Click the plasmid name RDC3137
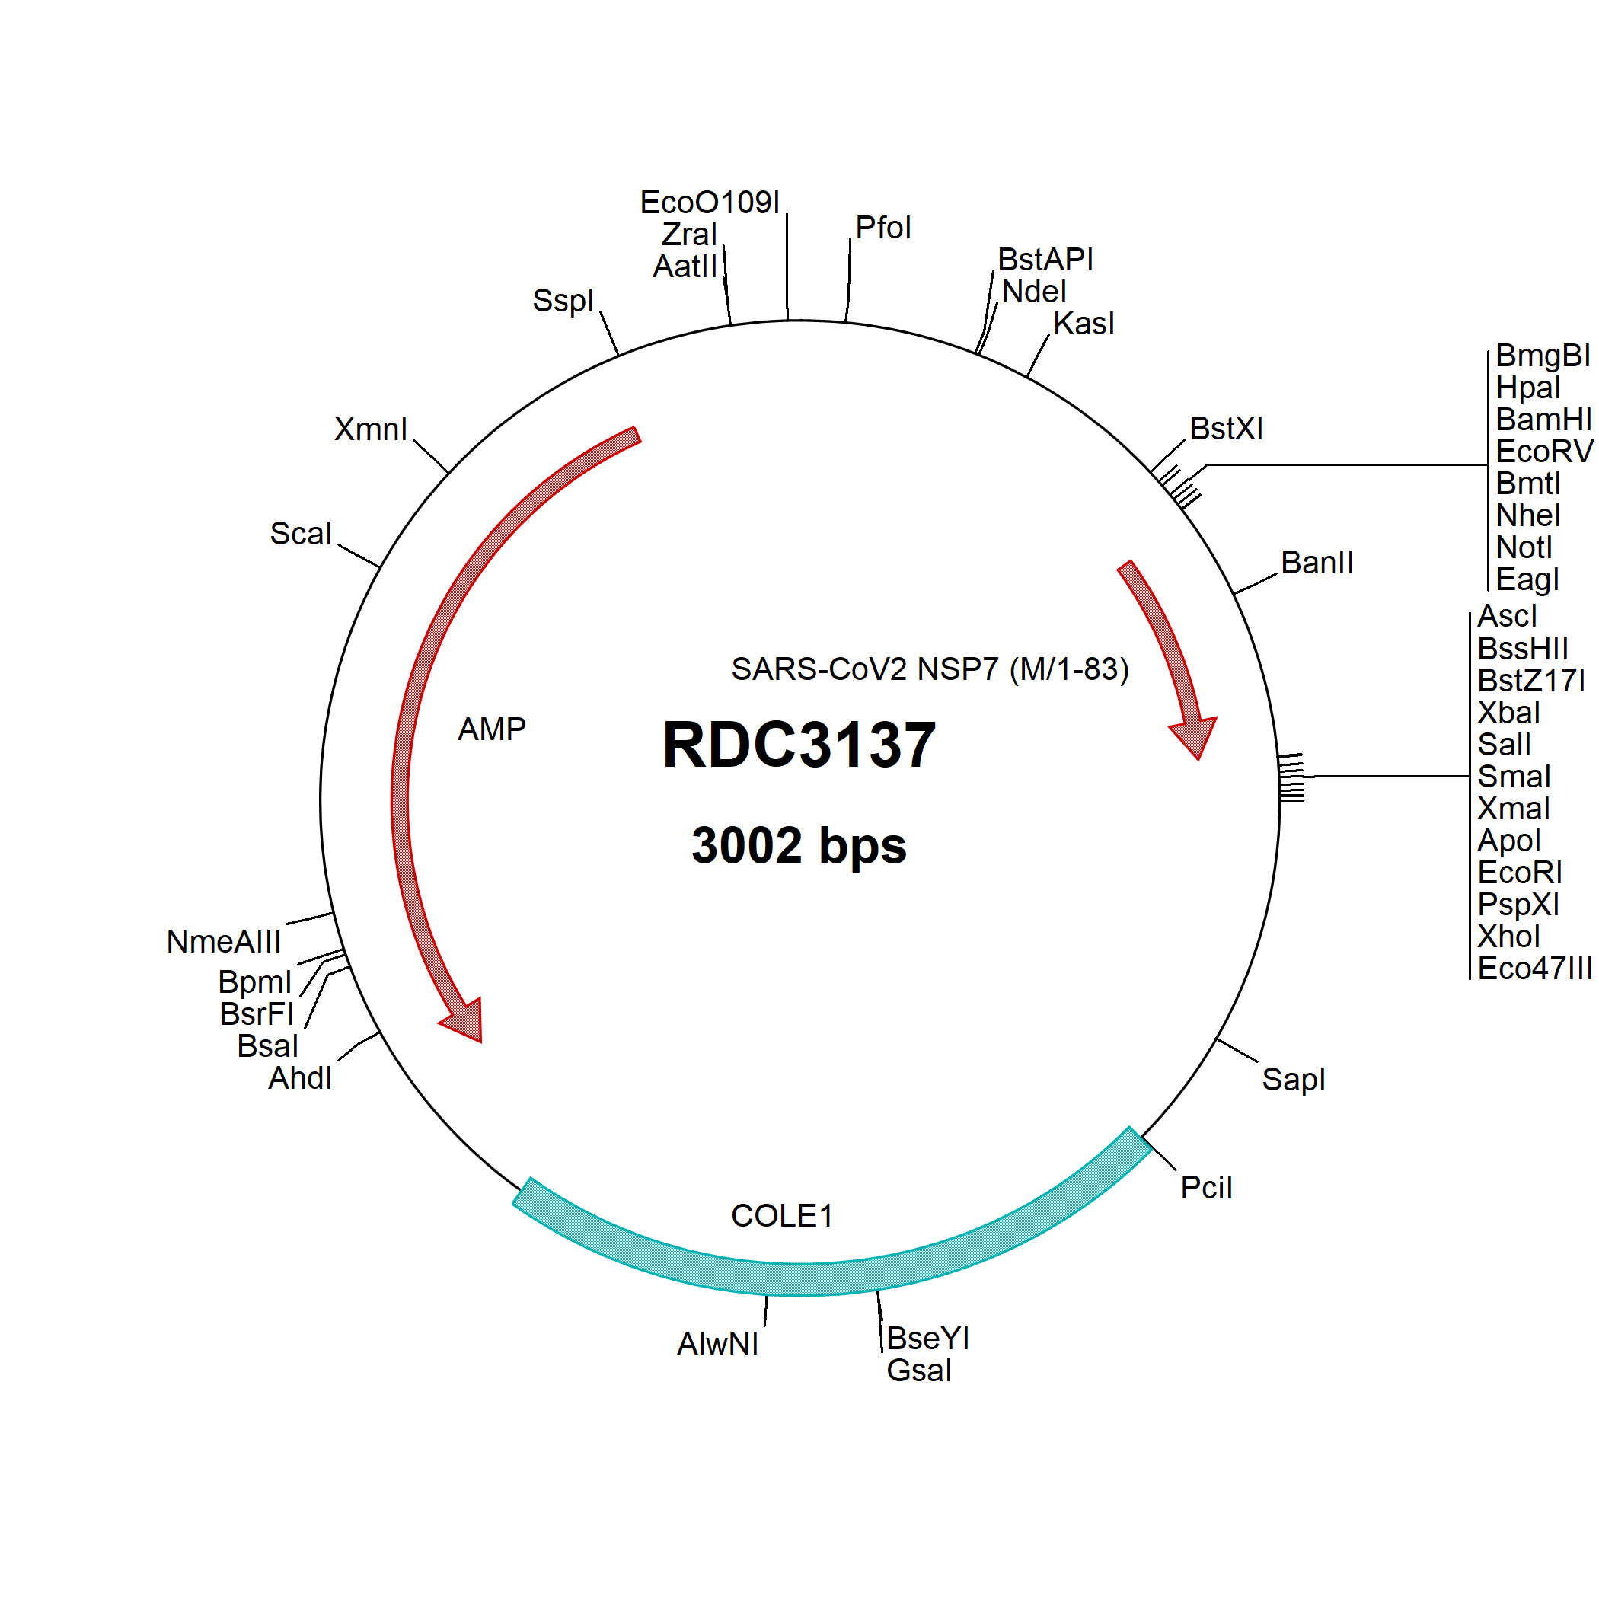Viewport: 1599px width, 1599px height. click(799, 745)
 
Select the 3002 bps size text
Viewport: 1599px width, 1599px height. click(799, 845)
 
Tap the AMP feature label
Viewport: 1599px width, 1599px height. click(492, 729)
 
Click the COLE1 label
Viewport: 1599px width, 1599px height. click(781, 1216)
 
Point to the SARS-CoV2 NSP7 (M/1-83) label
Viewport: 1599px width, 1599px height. click(930, 669)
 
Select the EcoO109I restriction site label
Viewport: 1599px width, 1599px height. click(710, 202)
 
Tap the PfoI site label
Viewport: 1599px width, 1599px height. click(883, 228)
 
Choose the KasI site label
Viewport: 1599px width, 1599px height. click(1084, 324)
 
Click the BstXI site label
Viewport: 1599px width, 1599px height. click(1226, 429)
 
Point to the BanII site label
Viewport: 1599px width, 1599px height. click(1317, 563)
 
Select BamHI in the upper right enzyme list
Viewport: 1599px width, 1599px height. click(1543, 420)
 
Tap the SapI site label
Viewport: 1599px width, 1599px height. click(1293, 1079)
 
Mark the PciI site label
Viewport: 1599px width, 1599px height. click(1206, 1188)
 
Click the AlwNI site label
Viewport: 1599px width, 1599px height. click(717, 1344)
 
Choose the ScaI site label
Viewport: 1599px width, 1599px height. click(301, 534)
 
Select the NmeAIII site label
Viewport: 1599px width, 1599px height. click(223, 942)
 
